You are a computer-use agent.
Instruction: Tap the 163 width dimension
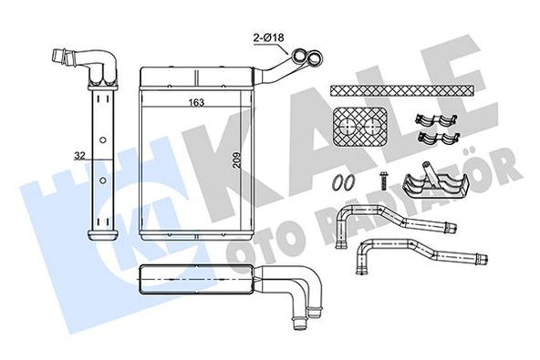coord(195,103)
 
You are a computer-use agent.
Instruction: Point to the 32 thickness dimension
coord(81,157)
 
